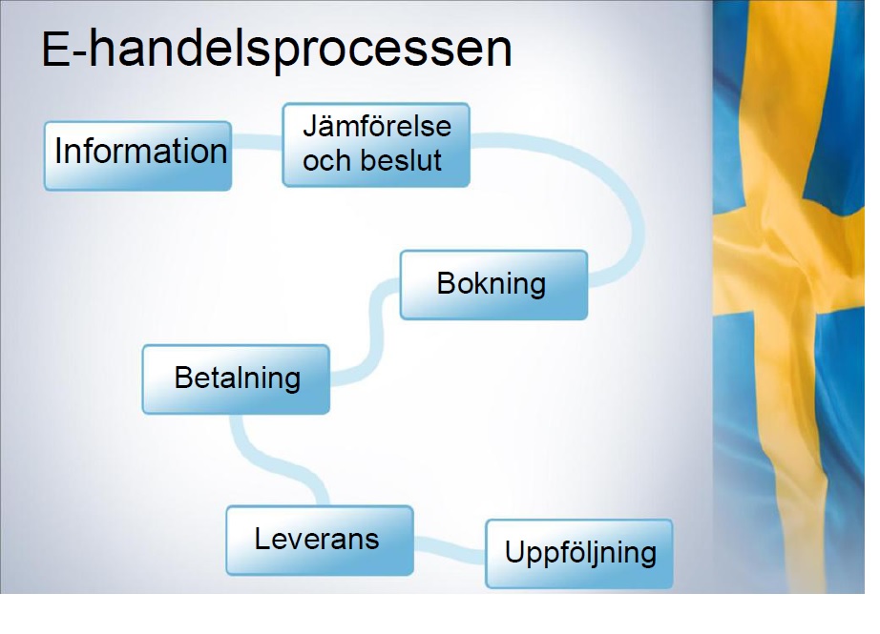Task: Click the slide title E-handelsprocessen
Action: tap(277, 51)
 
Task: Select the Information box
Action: tap(138, 155)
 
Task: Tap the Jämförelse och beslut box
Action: tap(376, 145)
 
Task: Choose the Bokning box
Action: tap(493, 285)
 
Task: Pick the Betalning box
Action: tap(236, 379)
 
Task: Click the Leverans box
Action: tap(320, 541)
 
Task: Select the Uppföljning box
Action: tap(579, 554)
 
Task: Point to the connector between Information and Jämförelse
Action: tap(257, 142)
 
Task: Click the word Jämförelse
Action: tap(377, 126)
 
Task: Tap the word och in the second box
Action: tap(326, 160)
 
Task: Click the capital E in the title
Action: tap(55, 51)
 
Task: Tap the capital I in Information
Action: tap(58, 151)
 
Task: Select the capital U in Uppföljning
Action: tap(514, 552)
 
